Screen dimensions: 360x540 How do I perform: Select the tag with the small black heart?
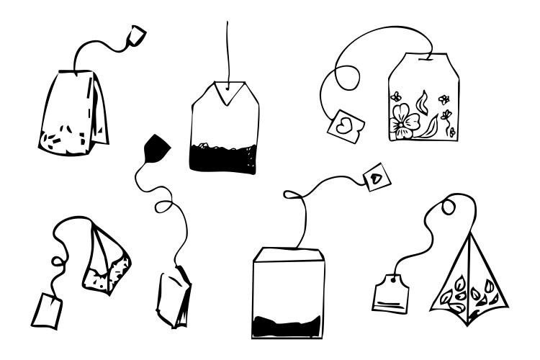click(376, 176)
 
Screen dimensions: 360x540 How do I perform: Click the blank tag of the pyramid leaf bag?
click(391, 293)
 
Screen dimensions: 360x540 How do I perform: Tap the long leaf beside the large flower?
click(431, 127)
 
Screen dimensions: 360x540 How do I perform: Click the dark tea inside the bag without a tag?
click(222, 156)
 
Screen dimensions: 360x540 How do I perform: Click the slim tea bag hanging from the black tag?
click(174, 295)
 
